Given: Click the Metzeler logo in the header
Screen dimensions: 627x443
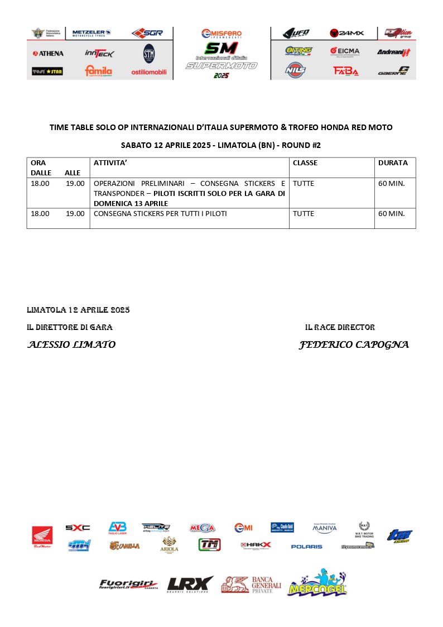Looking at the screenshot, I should click(92, 33).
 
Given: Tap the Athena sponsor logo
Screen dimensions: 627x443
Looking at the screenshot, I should click(48, 54).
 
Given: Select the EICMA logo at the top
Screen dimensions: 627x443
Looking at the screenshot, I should click(344, 51).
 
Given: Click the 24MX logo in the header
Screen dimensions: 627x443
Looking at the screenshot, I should click(346, 33).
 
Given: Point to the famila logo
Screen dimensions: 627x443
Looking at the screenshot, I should click(98, 71).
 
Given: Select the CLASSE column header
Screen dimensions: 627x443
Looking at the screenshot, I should click(305, 163).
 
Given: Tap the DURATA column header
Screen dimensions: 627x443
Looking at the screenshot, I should click(393, 163).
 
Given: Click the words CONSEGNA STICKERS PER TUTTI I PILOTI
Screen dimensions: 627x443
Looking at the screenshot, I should click(161, 214).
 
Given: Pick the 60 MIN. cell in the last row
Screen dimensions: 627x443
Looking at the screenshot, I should click(392, 214).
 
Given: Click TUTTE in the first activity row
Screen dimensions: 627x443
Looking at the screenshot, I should click(304, 183).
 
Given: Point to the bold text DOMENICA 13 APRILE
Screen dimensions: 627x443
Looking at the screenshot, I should click(131, 203).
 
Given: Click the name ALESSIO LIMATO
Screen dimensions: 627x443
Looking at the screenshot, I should click(71, 345).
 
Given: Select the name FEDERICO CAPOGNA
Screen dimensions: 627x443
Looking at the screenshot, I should click(354, 345).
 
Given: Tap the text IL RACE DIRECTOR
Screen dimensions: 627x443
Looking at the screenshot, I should click(340, 327).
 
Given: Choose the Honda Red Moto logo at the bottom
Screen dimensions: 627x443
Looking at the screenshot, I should click(42, 537).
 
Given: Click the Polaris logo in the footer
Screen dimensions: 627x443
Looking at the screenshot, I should click(306, 547).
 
